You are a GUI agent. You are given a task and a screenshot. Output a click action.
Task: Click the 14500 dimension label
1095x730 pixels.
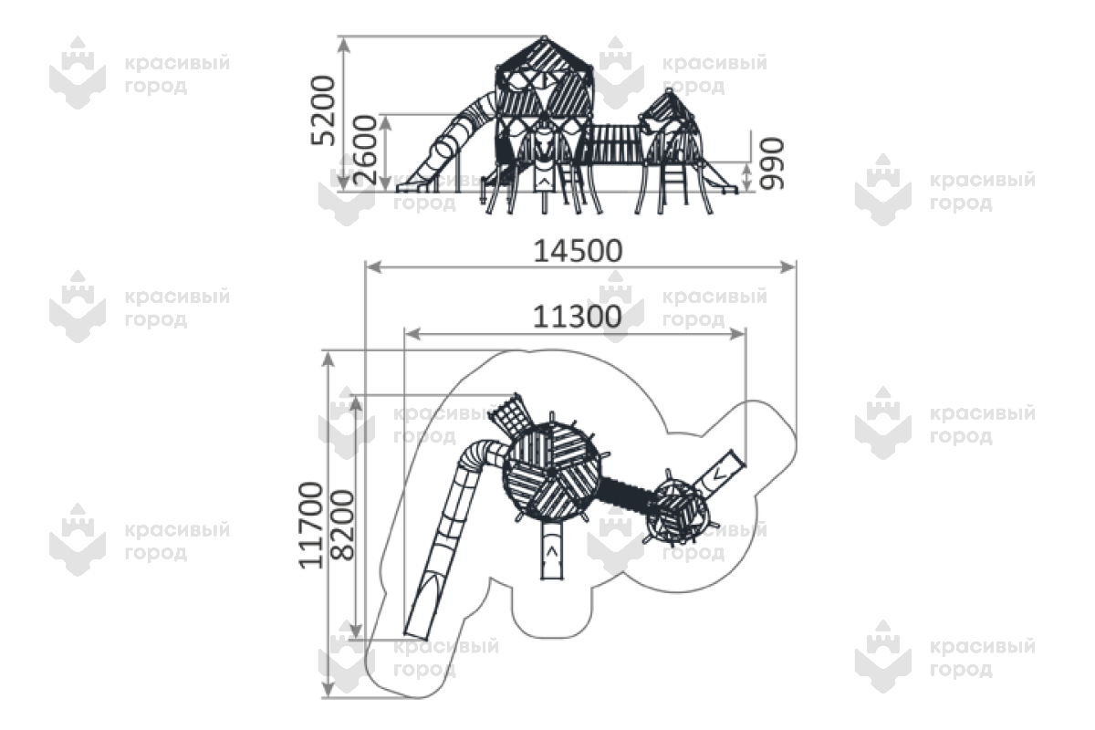coord(578,251)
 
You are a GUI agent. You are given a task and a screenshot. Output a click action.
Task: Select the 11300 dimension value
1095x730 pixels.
coord(577,317)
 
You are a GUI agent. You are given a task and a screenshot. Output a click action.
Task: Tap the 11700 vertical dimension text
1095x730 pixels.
coord(311,526)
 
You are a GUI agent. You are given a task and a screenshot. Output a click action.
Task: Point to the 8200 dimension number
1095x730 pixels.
coord(341,525)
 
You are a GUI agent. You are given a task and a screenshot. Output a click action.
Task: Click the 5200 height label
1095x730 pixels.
coord(323,110)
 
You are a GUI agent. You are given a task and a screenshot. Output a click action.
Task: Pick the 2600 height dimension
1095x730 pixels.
coord(365,151)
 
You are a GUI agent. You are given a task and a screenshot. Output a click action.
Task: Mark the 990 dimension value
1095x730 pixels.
coord(771,163)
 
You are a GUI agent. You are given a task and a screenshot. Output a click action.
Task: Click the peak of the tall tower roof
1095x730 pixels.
coord(544,37)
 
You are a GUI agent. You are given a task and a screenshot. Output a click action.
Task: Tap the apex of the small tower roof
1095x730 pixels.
coord(669,90)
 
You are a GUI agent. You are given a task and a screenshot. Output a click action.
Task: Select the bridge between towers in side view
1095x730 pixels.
coord(616,144)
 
